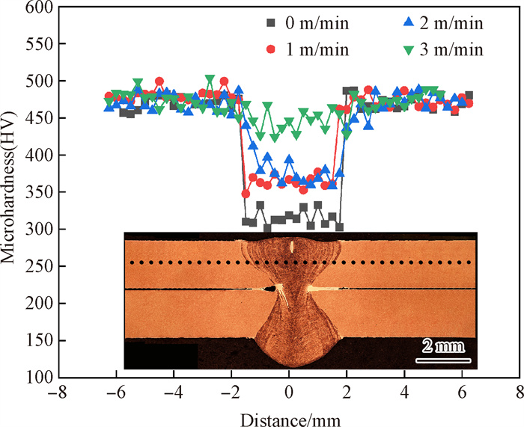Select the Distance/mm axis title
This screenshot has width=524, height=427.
(289, 415)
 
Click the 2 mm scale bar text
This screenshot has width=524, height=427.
(442, 346)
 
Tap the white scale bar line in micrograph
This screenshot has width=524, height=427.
(442, 360)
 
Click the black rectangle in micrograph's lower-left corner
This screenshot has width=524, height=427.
(161, 356)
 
